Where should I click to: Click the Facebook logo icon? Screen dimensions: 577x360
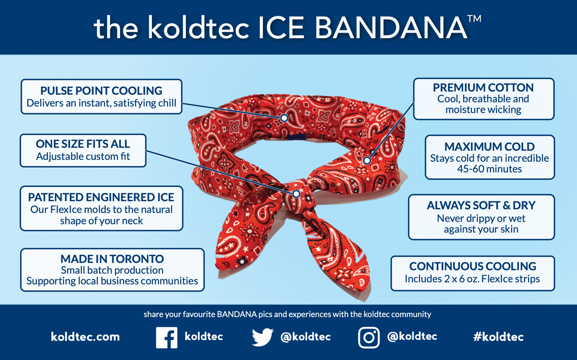(167, 337)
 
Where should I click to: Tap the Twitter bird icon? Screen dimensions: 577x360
(262, 337)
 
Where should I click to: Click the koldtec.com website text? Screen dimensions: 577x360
(85, 337)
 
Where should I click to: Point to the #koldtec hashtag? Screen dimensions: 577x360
(498, 337)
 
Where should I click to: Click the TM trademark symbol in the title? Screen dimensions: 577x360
(474, 19)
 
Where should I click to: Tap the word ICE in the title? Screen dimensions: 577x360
(281, 28)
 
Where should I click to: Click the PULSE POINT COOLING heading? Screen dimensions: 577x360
(101, 90)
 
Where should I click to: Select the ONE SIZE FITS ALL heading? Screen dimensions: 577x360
(83, 144)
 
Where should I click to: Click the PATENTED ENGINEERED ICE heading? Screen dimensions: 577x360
(101, 197)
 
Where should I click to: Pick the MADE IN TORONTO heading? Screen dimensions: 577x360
(112, 259)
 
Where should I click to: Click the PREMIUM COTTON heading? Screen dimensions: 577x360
(483, 88)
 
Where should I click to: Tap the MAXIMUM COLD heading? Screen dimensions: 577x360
(489, 147)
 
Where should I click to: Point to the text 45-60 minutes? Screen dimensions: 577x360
(489, 169)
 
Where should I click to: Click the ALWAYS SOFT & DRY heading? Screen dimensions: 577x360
(481, 205)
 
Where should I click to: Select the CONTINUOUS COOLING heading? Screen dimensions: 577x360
(472, 266)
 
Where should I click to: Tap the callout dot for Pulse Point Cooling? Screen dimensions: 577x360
(284, 118)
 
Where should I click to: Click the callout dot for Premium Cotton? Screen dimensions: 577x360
(367, 161)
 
